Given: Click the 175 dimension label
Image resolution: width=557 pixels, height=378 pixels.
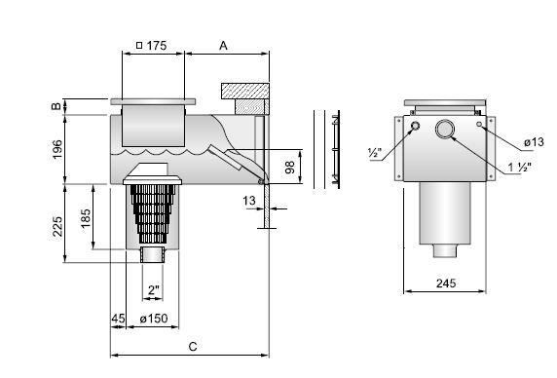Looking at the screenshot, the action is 157,46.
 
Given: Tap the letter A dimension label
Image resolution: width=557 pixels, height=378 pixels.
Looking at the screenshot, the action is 223,46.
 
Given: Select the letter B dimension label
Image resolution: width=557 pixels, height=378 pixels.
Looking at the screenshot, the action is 56,106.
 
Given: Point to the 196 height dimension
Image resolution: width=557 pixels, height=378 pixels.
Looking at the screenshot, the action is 56,149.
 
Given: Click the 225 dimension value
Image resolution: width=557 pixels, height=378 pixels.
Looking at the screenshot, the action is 57,227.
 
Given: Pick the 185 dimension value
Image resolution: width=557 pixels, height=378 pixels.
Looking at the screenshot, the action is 86,219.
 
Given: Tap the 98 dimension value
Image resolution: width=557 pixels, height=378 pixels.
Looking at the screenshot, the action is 290,167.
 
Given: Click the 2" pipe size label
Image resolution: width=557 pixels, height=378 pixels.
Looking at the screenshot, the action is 154,290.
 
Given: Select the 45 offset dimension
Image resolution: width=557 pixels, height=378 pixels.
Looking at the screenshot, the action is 118,318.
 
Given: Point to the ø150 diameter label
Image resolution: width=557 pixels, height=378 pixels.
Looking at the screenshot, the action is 154,319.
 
